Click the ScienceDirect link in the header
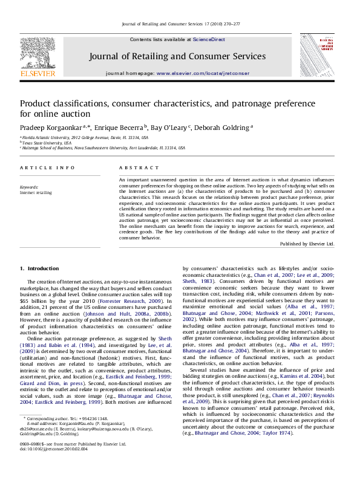tap(209, 39)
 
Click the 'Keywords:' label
tap(29, 187)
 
